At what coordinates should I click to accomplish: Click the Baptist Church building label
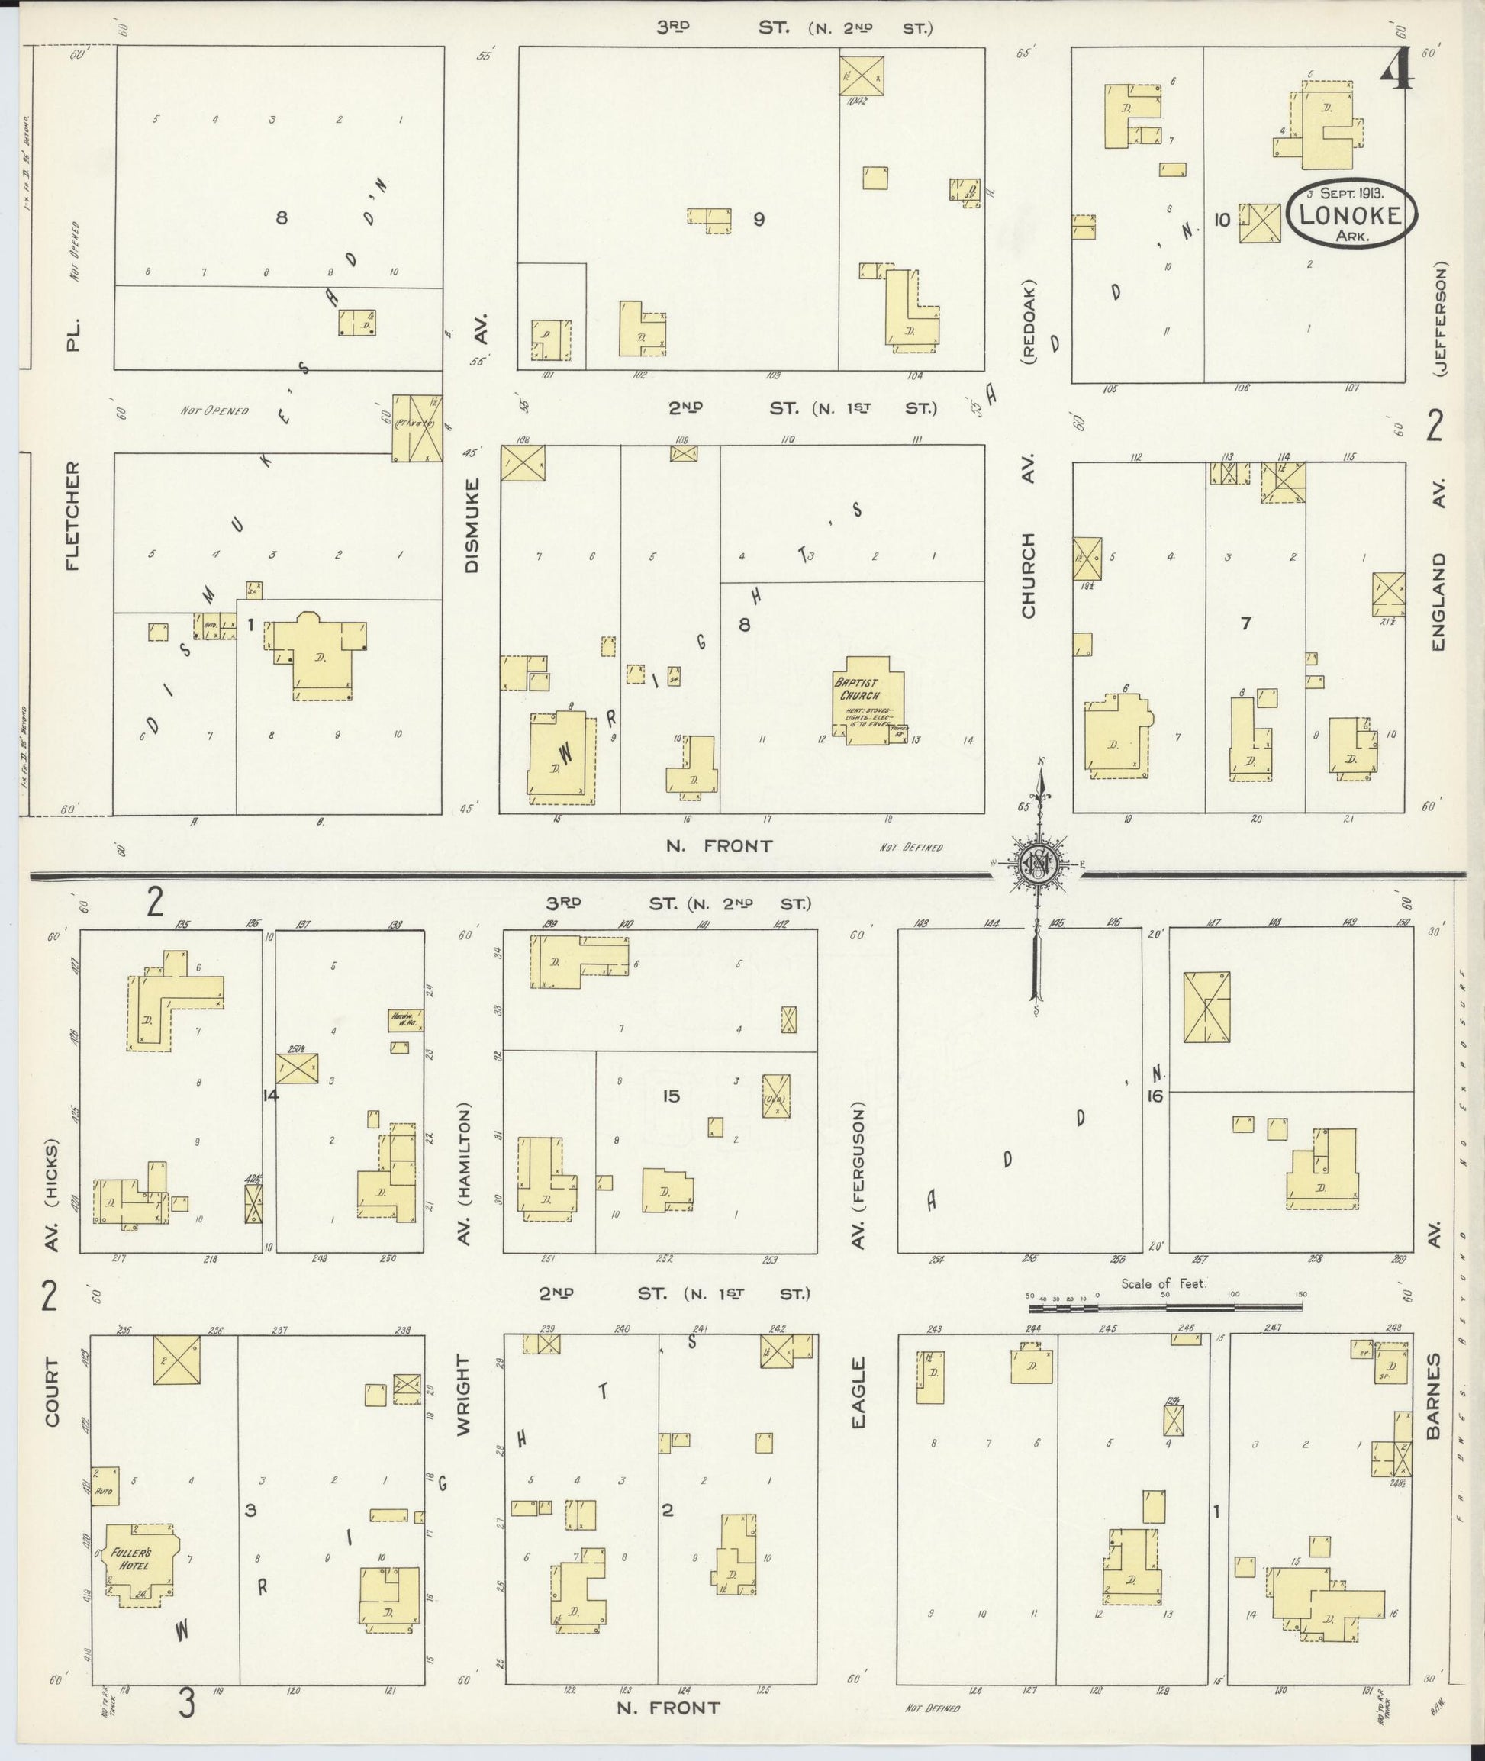[857, 691]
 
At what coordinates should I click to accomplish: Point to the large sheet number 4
[1396, 73]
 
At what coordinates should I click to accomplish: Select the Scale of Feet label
[1164, 1283]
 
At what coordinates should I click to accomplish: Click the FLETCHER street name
[74, 515]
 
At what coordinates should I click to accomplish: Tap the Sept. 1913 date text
[1354, 191]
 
